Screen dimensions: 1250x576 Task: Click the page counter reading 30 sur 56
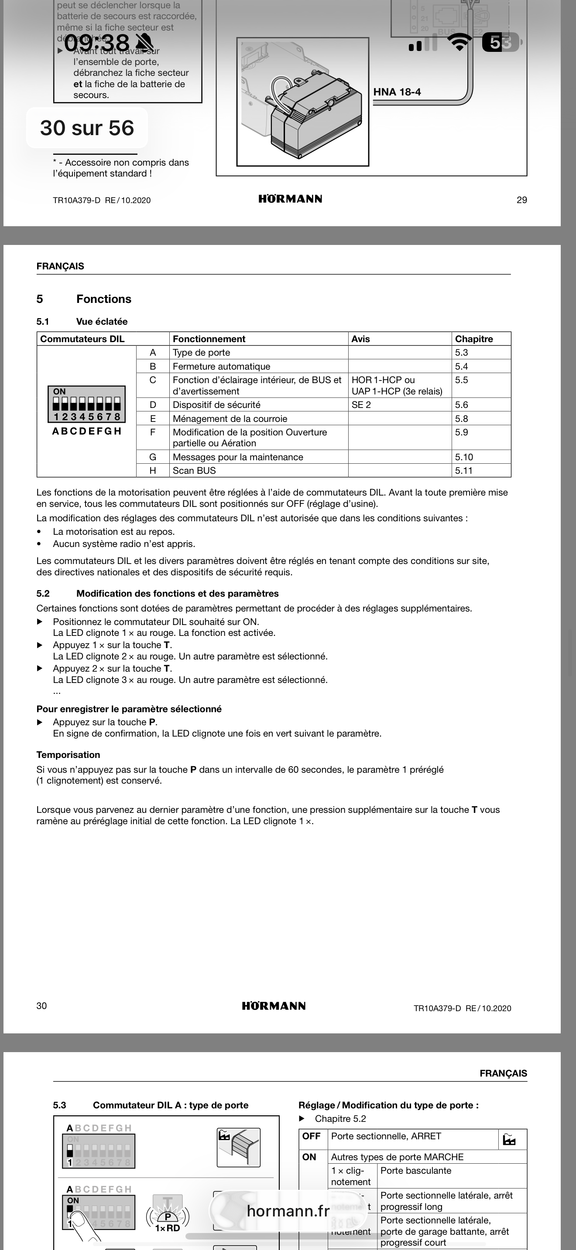tap(87, 128)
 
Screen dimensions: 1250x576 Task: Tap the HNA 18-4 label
tap(397, 92)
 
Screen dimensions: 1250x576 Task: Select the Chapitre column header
tap(473, 339)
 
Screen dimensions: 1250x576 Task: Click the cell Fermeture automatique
tap(222, 367)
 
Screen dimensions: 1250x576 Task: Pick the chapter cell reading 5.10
tap(464, 457)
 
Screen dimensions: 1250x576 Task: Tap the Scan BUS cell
tap(194, 471)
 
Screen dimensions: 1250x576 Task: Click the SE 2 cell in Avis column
tap(361, 405)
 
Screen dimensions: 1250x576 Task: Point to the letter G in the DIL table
tap(152, 457)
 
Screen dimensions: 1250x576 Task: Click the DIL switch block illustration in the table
tap(86, 404)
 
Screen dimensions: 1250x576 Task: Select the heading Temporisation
tap(68, 754)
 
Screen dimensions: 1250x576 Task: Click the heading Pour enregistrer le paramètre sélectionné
tap(129, 709)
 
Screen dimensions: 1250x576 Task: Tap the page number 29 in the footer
tap(521, 200)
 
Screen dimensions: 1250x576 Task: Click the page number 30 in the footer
tap(42, 1006)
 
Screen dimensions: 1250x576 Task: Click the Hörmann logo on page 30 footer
tap(274, 1006)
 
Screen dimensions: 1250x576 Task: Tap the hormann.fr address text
tap(288, 1211)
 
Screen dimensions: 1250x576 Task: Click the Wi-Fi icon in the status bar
tap(459, 42)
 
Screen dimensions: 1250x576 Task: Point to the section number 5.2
tap(43, 594)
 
